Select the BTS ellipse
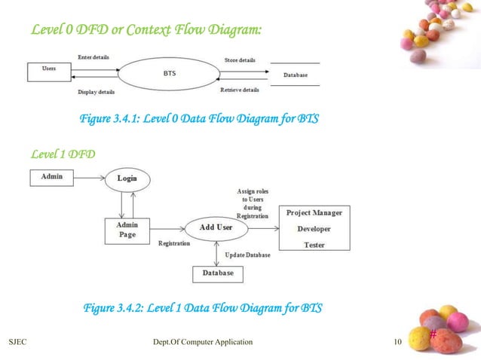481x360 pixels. pyautogui.click(x=170, y=75)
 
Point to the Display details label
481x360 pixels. pyautogui.click(x=96, y=92)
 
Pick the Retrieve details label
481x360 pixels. pyautogui.click(x=240, y=90)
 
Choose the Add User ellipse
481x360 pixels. pyautogui.click(x=216, y=227)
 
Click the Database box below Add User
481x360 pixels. pyautogui.click(x=217, y=273)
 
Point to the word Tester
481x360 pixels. pyautogui.click(x=314, y=244)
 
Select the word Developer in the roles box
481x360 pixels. pyautogui.click(x=314, y=228)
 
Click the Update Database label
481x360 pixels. pyautogui.click(x=247, y=255)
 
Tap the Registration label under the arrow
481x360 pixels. pyautogui.click(x=174, y=244)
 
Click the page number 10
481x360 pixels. pyautogui.click(x=397, y=343)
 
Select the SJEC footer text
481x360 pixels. pyautogui.click(x=19, y=343)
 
